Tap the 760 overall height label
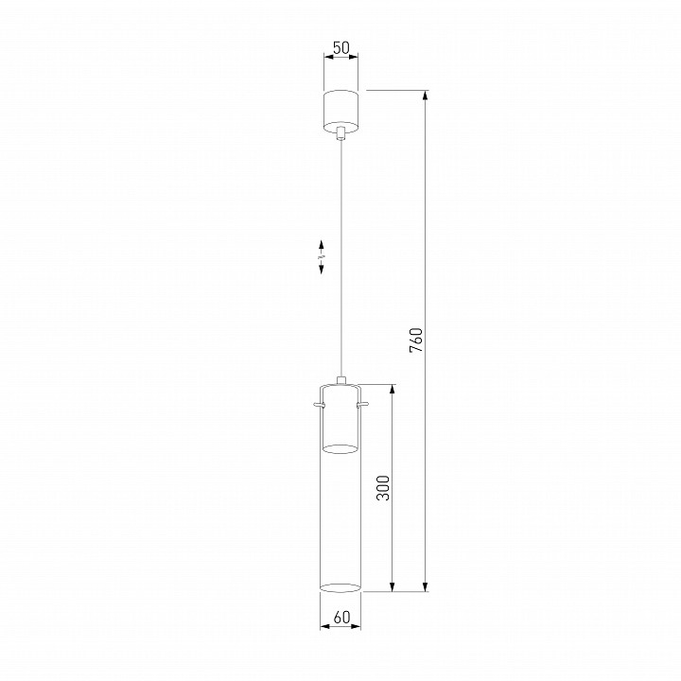415,340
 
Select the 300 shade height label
382,487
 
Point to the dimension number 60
341,618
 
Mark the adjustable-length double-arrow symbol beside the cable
322,256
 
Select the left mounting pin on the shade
318,407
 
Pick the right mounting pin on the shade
365,407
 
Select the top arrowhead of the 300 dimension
393,389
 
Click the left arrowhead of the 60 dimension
324,627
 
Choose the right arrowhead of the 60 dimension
358,627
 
